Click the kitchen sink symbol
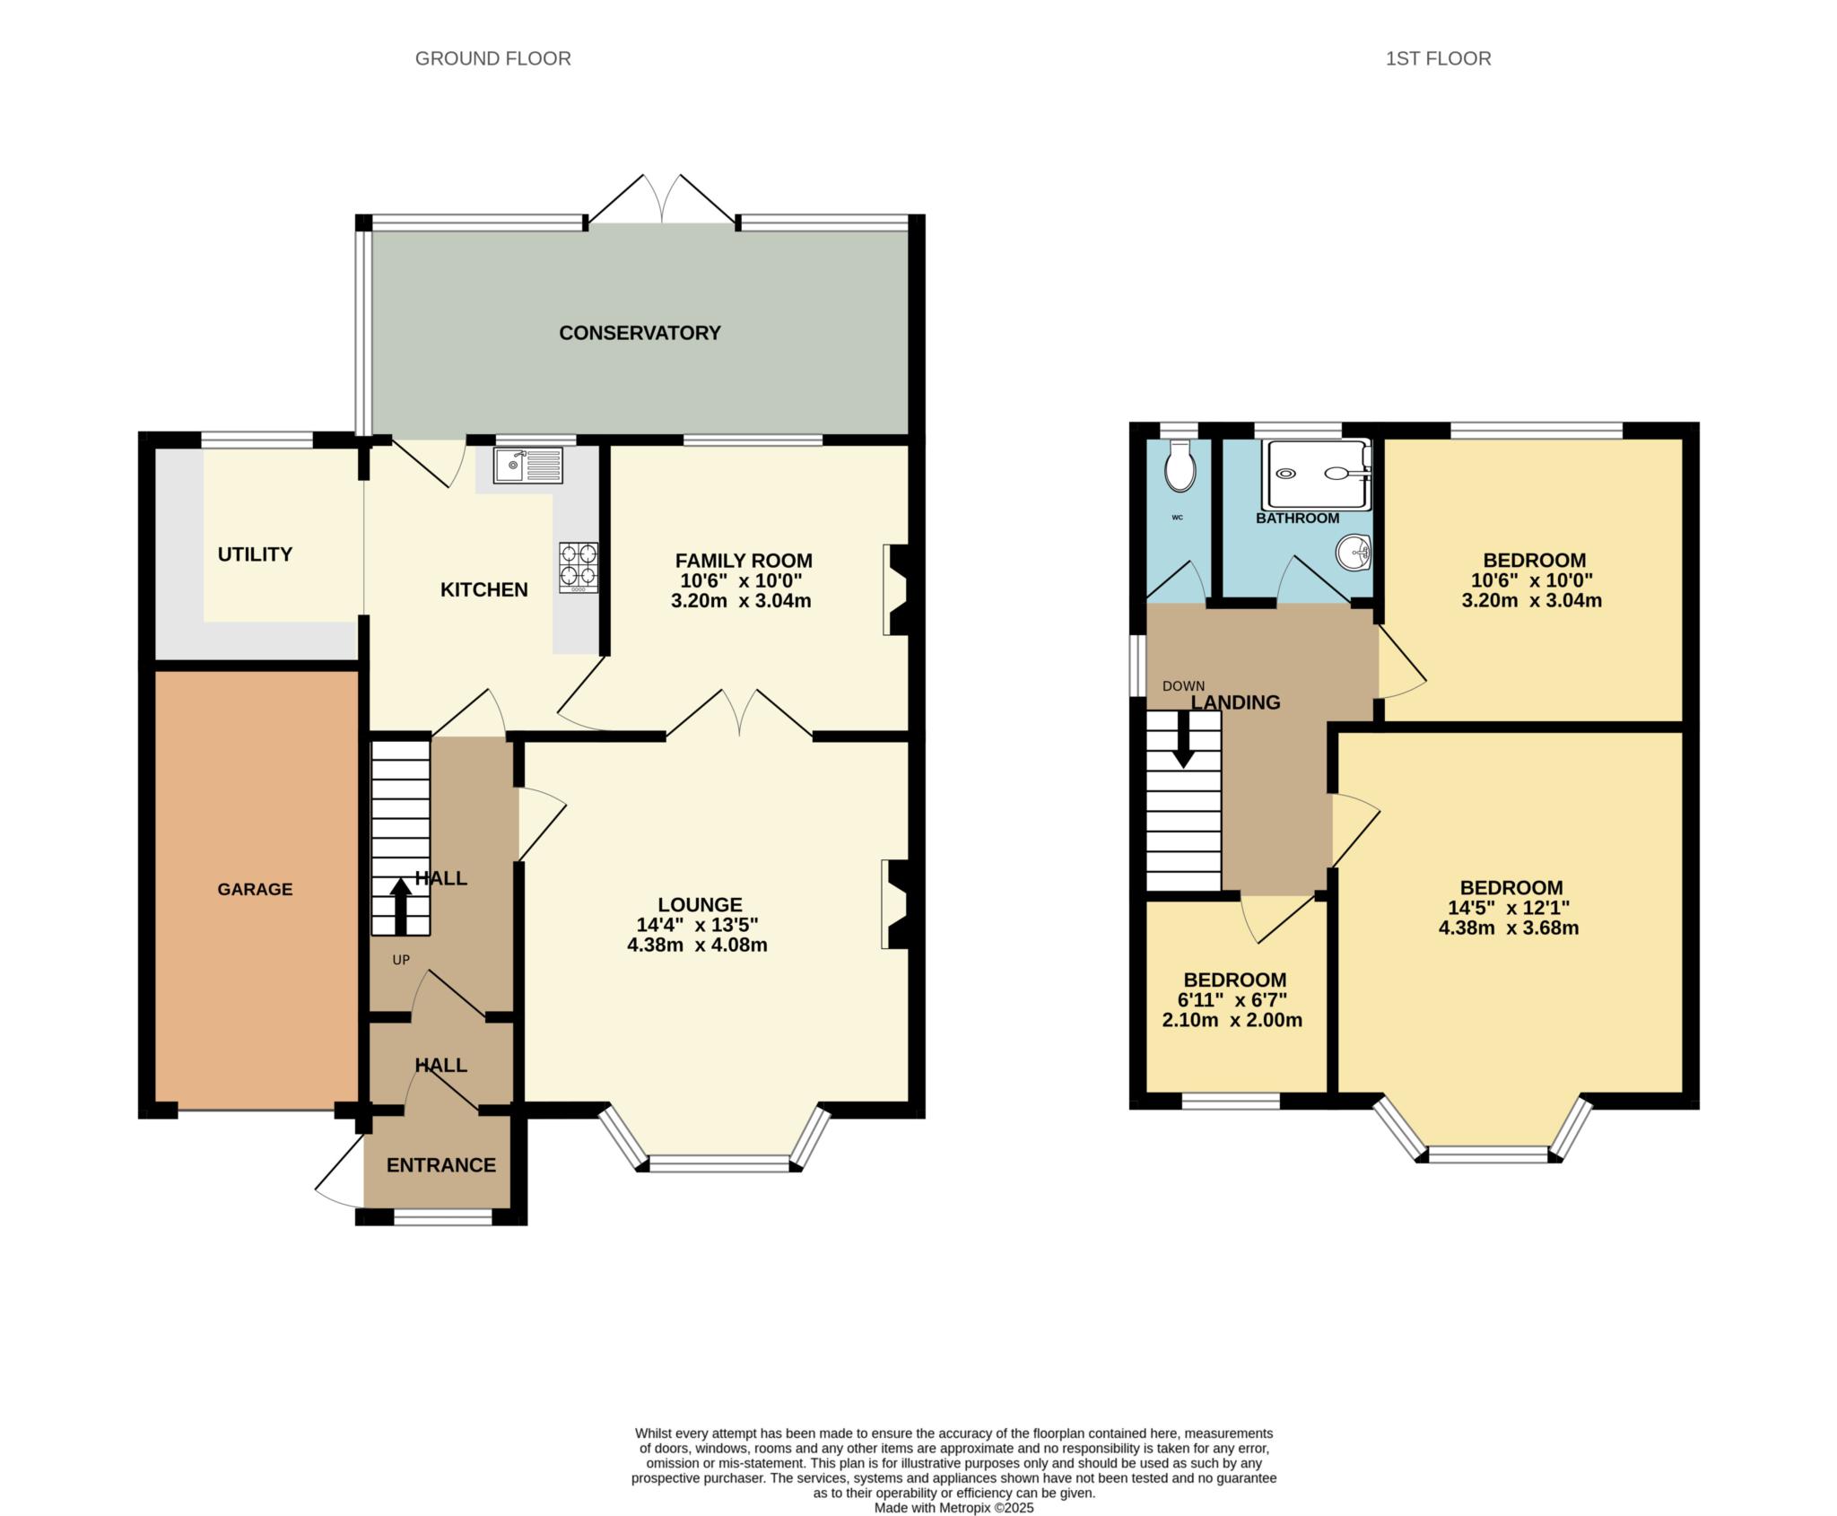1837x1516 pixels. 527,466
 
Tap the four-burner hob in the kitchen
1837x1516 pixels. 579,567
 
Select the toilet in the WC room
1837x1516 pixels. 1180,466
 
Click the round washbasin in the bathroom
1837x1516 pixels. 1353,552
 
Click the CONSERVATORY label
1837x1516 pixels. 640,333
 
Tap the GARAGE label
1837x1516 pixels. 255,889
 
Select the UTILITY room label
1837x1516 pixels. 255,554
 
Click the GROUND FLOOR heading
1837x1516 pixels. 492,58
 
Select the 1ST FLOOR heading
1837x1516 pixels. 1438,58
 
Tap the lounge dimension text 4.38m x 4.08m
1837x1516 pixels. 697,945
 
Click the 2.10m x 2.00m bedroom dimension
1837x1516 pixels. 1232,1020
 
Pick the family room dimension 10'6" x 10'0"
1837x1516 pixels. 741,580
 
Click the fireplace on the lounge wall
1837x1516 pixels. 896,904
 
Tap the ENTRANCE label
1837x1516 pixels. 440,1164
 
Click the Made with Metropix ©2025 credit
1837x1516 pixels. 953,1483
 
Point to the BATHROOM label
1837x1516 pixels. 1297,518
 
